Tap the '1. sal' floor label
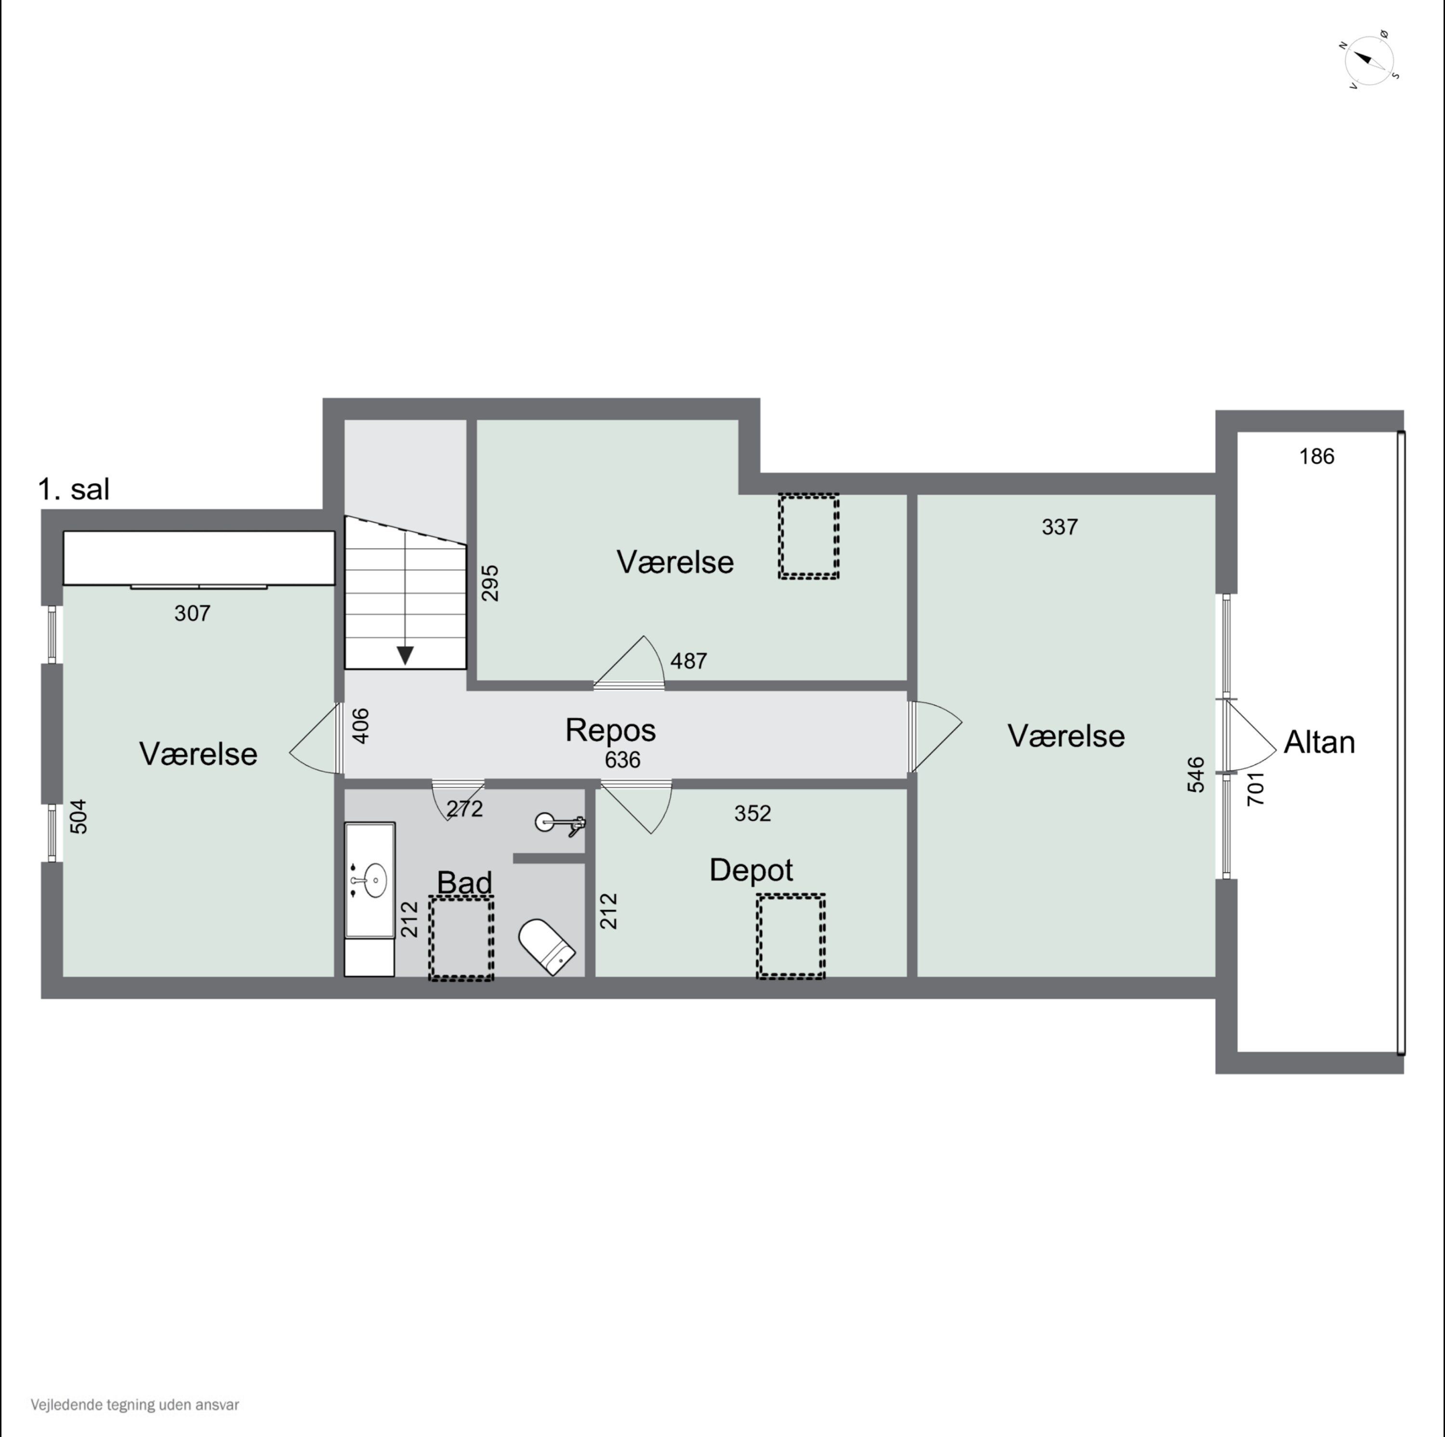(x=73, y=489)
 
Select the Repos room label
(x=610, y=730)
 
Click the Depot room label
(x=751, y=870)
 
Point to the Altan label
(x=1319, y=742)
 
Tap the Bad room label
(x=464, y=883)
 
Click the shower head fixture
(x=560, y=824)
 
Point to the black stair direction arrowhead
(x=406, y=656)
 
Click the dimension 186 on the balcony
(x=1316, y=456)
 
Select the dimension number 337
(x=1060, y=527)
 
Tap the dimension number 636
(x=622, y=760)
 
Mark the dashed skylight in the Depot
(x=790, y=936)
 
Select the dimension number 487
(x=688, y=661)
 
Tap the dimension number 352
(x=752, y=814)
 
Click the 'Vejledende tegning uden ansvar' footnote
(x=135, y=1405)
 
